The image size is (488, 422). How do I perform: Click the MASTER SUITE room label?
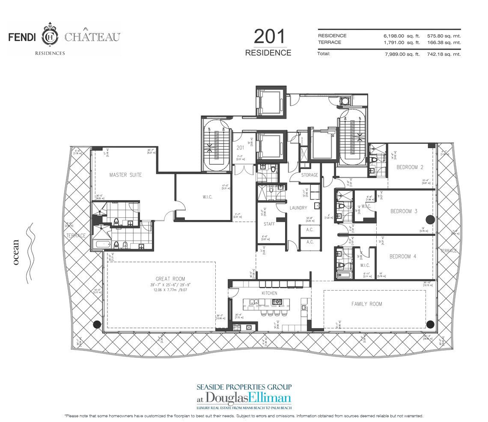[x=125, y=175]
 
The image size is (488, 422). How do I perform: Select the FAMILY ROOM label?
[x=366, y=304]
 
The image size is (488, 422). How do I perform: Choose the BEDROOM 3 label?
[x=403, y=211]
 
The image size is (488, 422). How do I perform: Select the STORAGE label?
[x=309, y=175]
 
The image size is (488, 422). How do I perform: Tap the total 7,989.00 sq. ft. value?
[x=401, y=54]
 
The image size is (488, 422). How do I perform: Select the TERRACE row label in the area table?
[x=329, y=42]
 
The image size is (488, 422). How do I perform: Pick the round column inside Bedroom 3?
[x=430, y=220]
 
